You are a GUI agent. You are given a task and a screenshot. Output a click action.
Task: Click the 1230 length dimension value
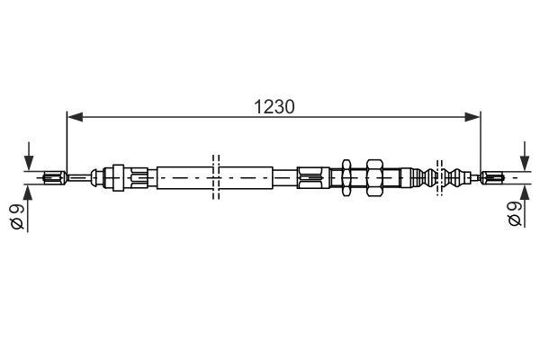point(273,105)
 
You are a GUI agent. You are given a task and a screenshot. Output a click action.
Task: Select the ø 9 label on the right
point(513,213)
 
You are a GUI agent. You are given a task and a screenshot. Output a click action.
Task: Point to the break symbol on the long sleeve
point(215,176)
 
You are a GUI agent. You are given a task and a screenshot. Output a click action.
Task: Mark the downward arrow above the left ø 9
point(30,156)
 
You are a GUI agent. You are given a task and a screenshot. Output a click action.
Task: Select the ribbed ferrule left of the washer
point(310,176)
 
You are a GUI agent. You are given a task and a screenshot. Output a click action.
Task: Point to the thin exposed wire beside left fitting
point(80,176)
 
